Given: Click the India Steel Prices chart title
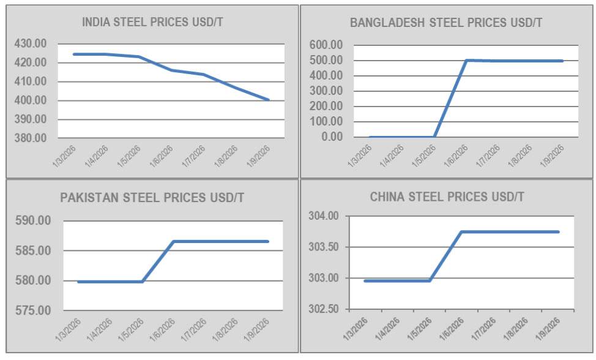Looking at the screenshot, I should [x=152, y=23].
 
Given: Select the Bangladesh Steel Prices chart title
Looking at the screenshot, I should [x=446, y=23].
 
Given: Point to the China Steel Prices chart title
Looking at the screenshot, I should [x=447, y=197].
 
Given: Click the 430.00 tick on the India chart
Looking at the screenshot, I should [x=31, y=43].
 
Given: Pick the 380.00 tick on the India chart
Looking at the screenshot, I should [x=31, y=138].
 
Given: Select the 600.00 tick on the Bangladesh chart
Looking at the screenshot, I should [x=327, y=45].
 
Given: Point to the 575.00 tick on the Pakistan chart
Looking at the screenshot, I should [x=34, y=310].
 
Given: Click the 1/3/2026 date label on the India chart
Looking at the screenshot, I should [x=64, y=158].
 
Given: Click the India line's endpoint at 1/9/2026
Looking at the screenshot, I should [x=268, y=99].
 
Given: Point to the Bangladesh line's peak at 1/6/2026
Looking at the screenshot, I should [x=467, y=60].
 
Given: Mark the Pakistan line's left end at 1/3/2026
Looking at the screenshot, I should [x=78, y=282].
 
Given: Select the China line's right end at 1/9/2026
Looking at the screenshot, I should [x=558, y=231].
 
